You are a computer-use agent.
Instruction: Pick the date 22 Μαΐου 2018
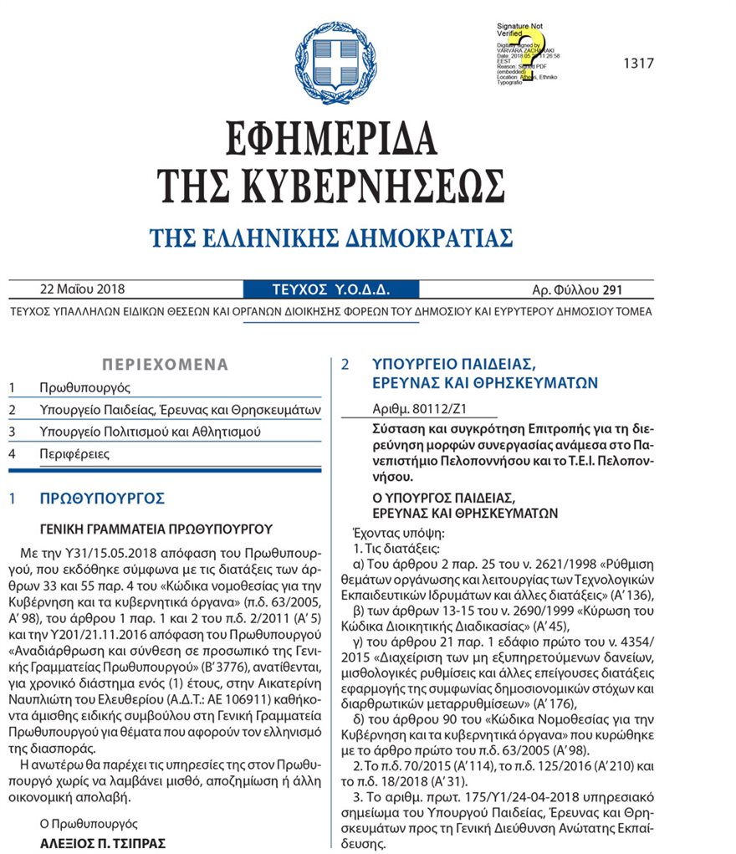coord(82,290)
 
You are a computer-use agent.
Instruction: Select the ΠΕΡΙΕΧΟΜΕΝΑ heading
coord(164,365)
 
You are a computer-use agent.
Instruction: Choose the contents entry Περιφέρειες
coord(74,454)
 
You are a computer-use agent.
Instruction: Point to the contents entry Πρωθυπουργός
coord(84,387)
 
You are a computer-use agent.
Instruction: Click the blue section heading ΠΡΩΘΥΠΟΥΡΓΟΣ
coord(102,499)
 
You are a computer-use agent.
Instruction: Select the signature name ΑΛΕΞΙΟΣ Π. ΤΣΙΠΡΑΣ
coord(103,843)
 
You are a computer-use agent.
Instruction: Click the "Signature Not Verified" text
coord(521,31)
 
